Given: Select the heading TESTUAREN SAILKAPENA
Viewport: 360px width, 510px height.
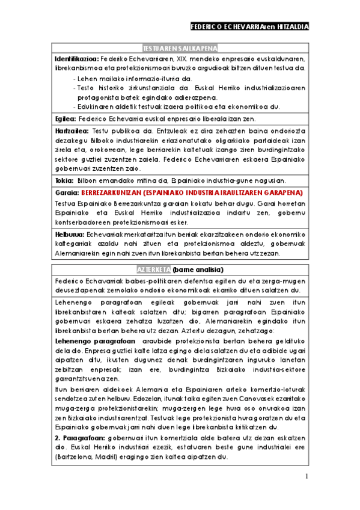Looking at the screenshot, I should (180, 48).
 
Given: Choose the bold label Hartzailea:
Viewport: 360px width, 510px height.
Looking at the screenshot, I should (71, 131).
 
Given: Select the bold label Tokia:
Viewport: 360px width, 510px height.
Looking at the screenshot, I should (64, 180).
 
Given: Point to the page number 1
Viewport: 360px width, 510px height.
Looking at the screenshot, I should (307, 477).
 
